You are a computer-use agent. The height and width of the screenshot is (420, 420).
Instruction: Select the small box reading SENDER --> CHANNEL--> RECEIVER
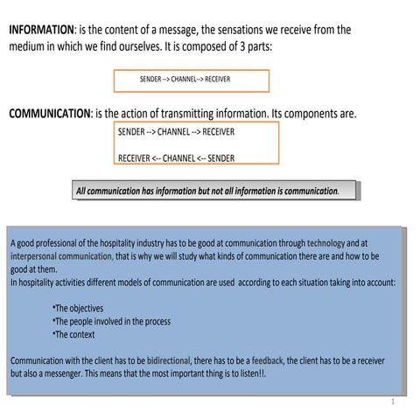[x=191, y=80]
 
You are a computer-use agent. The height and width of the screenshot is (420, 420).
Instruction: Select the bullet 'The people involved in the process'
[x=111, y=321]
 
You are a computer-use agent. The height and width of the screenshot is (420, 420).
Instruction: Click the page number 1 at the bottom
[x=394, y=402]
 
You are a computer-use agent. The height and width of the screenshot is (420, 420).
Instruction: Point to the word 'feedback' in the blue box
[x=269, y=360]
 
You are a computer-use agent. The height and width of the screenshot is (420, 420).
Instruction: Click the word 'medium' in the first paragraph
[x=29, y=46]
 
